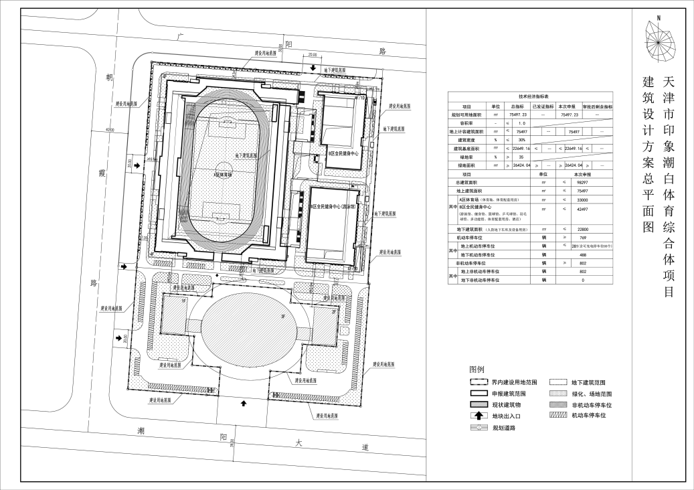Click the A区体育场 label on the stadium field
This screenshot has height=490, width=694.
(x=224, y=174)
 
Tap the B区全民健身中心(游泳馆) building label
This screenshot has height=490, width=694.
(x=333, y=207)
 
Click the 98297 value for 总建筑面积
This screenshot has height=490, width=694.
(x=572, y=182)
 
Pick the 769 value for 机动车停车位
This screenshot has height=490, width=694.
(x=572, y=238)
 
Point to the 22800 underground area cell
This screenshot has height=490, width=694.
(x=572, y=230)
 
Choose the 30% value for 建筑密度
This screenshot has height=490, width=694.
(x=521, y=139)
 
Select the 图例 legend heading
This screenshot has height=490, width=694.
(x=476, y=370)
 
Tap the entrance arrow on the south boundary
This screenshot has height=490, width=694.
(x=244, y=403)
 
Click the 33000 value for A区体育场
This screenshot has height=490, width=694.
(x=572, y=199)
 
